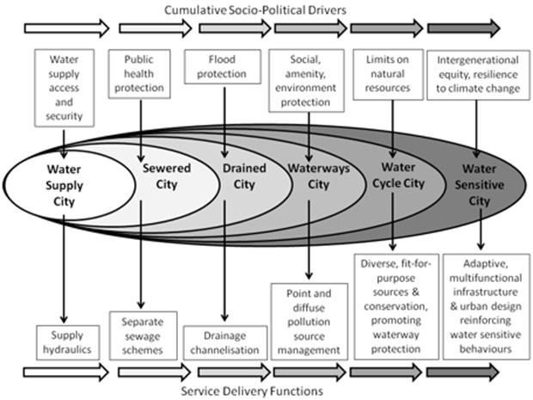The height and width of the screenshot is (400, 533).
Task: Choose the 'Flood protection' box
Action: point(215,66)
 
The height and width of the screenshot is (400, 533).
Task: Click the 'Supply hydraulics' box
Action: point(64,341)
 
